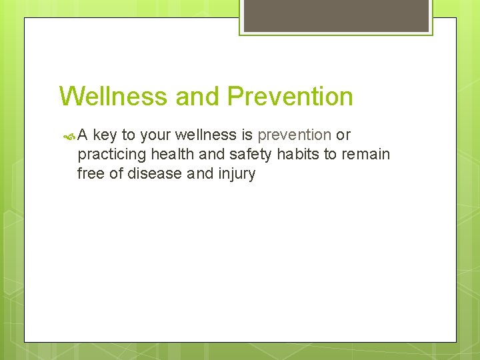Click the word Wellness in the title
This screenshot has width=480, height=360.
click(113, 97)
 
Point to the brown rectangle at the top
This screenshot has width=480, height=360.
click(336, 15)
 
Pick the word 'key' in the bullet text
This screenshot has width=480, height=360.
click(105, 135)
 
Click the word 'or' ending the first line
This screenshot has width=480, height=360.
click(343, 135)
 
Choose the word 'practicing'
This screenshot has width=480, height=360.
click(112, 155)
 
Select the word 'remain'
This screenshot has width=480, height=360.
click(365, 155)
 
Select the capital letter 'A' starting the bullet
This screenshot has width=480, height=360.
click(83, 135)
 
